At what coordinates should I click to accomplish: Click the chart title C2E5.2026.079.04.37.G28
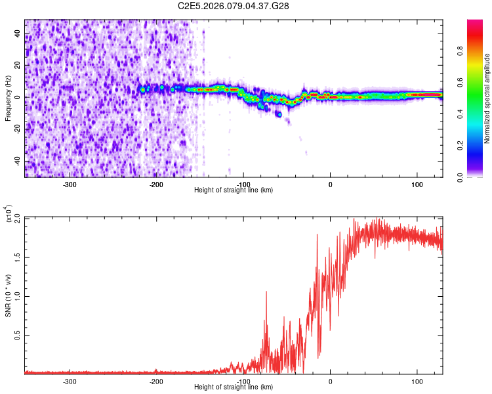234,6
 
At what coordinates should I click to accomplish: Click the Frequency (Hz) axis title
8,98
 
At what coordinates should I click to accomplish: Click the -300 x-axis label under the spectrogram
70,184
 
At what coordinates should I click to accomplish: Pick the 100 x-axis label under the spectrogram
417,184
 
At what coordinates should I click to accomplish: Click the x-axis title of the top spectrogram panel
234,190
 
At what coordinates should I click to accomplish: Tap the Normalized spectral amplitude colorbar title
487,98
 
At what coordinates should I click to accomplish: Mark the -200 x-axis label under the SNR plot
156,381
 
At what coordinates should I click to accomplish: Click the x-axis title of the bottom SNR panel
234,387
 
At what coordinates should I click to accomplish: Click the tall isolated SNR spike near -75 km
266,293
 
